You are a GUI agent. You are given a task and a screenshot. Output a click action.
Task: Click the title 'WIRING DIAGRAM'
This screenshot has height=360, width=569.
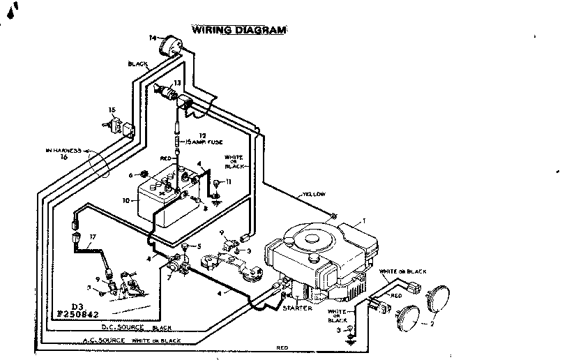pyautogui.click(x=238, y=30)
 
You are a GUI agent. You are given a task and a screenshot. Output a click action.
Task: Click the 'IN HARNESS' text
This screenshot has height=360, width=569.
pyautogui.click(x=64, y=150)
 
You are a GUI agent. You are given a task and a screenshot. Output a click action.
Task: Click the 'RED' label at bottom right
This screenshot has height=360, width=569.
pyautogui.click(x=282, y=347)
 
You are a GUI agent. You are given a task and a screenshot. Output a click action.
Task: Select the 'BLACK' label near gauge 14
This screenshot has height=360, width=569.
pyautogui.click(x=137, y=63)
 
